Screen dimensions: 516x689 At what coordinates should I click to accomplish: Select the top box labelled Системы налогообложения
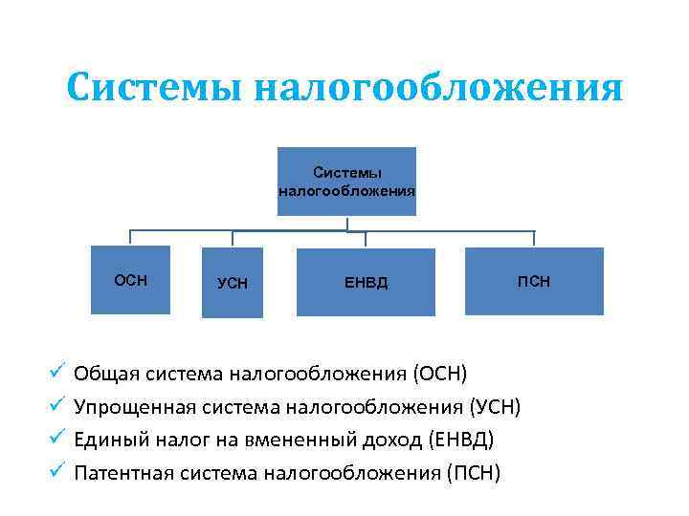(346, 182)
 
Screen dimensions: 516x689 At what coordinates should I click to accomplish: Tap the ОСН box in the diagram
(130, 280)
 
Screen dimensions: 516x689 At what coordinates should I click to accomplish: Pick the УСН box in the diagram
(233, 282)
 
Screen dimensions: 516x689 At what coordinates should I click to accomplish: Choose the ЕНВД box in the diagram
(366, 282)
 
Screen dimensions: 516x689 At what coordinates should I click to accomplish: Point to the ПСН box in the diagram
(534, 281)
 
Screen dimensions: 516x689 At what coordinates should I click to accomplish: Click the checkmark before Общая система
(56, 370)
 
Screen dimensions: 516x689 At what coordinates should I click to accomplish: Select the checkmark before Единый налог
(56, 439)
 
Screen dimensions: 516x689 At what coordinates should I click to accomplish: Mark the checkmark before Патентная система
(56, 472)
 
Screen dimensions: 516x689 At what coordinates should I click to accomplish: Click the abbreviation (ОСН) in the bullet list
(440, 372)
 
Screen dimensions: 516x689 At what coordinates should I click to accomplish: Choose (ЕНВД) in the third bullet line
(463, 440)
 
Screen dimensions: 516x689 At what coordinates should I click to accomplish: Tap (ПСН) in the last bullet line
(473, 474)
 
